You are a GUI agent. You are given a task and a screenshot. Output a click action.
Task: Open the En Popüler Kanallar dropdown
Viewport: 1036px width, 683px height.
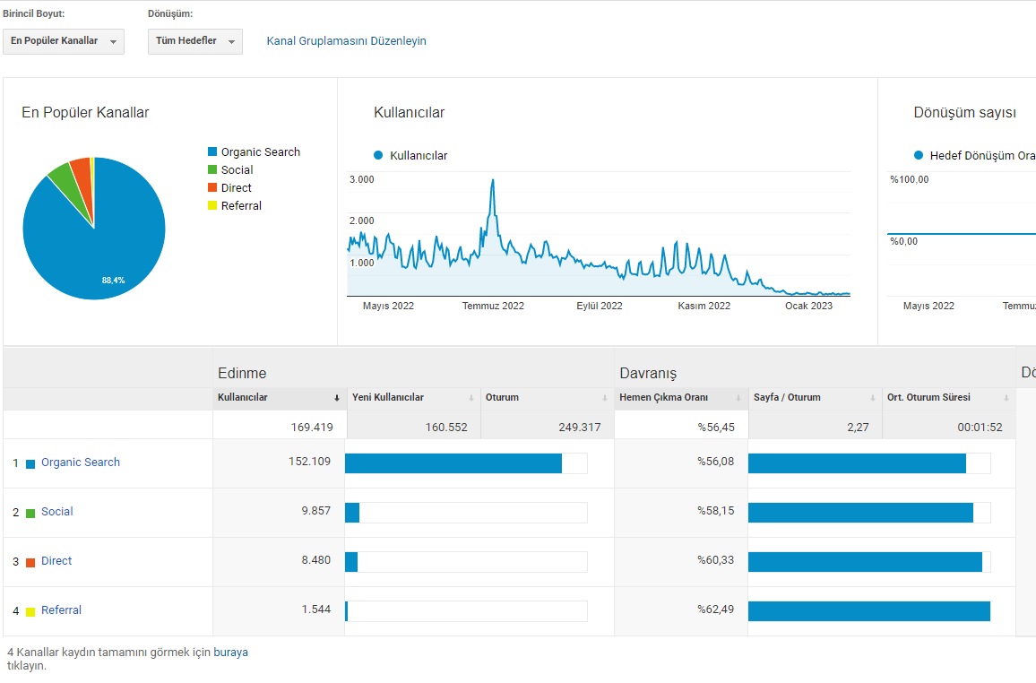click(x=64, y=41)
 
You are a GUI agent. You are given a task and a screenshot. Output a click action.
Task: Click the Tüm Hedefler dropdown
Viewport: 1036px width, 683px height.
click(x=194, y=41)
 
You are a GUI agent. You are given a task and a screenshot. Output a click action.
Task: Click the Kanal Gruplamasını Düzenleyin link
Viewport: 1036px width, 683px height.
click(x=346, y=41)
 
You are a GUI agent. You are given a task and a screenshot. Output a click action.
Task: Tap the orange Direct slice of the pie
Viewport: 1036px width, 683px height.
click(x=82, y=175)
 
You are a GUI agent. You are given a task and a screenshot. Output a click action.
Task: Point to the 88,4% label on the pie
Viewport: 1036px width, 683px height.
click(x=113, y=280)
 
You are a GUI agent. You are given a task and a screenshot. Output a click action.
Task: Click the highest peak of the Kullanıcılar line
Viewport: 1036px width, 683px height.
click(x=493, y=179)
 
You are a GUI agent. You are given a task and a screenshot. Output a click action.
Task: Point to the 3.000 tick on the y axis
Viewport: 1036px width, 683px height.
click(x=361, y=179)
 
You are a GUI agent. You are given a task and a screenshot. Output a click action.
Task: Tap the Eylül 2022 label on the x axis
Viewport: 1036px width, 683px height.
click(x=600, y=306)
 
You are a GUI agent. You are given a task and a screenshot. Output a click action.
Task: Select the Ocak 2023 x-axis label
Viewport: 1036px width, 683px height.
click(x=808, y=306)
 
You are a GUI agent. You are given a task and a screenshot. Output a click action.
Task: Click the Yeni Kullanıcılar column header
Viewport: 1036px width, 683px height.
click(x=388, y=397)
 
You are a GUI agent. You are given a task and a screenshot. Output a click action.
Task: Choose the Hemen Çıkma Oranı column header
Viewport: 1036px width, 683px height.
click(x=663, y=397)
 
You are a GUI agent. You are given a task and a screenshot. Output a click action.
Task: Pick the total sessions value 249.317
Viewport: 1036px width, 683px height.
click(x=580, y=428)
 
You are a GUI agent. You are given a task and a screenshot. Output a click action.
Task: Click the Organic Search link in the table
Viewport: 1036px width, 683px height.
click(x=81, y=463)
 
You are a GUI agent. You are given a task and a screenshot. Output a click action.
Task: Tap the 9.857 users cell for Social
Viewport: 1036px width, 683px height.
click(x=315, y=511)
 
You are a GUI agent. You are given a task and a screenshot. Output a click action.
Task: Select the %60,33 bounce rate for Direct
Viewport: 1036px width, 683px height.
click(x=715, y=560)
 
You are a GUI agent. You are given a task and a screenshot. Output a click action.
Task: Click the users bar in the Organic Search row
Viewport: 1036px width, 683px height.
click(x=453, y=463)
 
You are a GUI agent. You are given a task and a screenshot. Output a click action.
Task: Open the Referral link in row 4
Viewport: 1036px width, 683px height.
click(x=62, y=610)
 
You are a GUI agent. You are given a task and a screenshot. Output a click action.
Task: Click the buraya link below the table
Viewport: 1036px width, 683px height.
click(x=230, y=652)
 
